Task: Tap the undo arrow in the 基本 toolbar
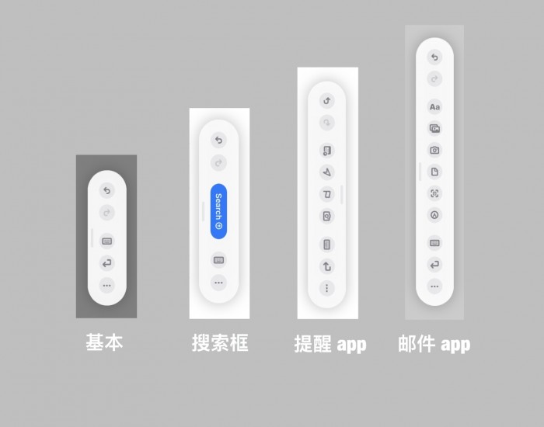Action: pos(106,190)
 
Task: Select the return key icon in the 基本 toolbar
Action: pos(106,263)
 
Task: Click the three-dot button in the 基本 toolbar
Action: pos(106,286)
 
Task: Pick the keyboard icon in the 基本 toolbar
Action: pos(106,241)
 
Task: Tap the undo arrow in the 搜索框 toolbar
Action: pos(218,140)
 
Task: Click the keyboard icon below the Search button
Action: pos(218,260)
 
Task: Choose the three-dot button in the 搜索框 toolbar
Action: pos(218,283)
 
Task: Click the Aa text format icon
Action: pos(434,107)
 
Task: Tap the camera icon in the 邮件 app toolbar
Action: pos(434,150)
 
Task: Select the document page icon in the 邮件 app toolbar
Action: pos(434,172)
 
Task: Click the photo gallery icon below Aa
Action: pos(434,128)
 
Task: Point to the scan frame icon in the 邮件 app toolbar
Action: pos(434,193)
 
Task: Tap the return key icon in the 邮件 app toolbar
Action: pos(434,265)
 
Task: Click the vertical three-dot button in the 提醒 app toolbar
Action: pos(327,288)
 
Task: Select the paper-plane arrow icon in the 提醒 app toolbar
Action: pos(327,172)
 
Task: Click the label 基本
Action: pos(104,342)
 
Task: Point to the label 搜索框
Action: pos(220,343)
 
